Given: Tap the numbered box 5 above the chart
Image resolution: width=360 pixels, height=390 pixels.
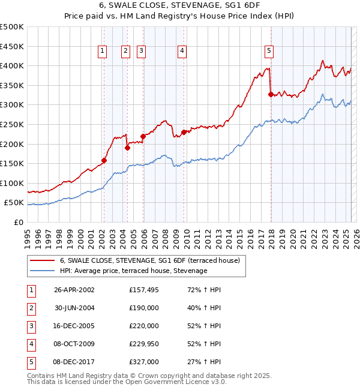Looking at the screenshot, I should [x=269, y=52].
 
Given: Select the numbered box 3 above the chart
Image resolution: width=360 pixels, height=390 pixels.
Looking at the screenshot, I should [x=141, y=52].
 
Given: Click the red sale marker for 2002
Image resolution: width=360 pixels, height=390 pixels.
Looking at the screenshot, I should [x=104, y=160].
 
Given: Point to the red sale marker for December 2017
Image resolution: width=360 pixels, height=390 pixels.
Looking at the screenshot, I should [x=271, y=94].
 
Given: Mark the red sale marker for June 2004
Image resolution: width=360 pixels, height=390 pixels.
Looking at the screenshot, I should [x=127, y=148].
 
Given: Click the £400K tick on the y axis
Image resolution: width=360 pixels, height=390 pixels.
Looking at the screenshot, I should [x=11, y=65].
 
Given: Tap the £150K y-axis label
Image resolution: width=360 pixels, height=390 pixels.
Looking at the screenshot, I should [x=11, y=163].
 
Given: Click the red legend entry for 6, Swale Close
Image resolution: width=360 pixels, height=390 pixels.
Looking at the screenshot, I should [x=149, y=260].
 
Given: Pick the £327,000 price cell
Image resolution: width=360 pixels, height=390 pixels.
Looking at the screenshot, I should [x=144, y=362].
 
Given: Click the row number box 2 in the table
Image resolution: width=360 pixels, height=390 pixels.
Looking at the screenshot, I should [x=31, y=308].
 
